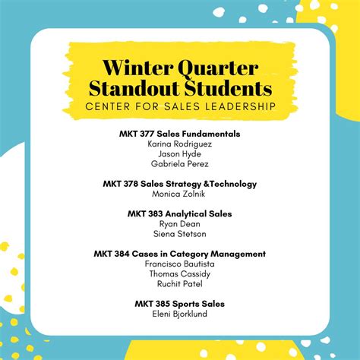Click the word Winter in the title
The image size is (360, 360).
138,68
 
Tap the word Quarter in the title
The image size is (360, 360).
218,69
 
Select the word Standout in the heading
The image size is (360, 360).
134,88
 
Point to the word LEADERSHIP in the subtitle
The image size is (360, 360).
240,106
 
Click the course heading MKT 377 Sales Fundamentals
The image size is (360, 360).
180,134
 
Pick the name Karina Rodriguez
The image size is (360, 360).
180,144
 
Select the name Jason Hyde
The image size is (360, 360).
180,154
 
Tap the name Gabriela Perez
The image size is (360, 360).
180,164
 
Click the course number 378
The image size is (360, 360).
131,184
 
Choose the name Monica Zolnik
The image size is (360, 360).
178,194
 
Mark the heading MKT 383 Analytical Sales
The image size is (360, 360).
180,214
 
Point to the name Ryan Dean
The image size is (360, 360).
180,224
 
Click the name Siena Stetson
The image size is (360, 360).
180,234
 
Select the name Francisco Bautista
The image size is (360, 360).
180,264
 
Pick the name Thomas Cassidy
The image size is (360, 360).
180,274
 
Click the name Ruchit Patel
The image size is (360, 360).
180,284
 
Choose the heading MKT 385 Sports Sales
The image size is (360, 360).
180,304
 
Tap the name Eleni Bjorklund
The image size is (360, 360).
180,314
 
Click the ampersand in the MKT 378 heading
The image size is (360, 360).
207,184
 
